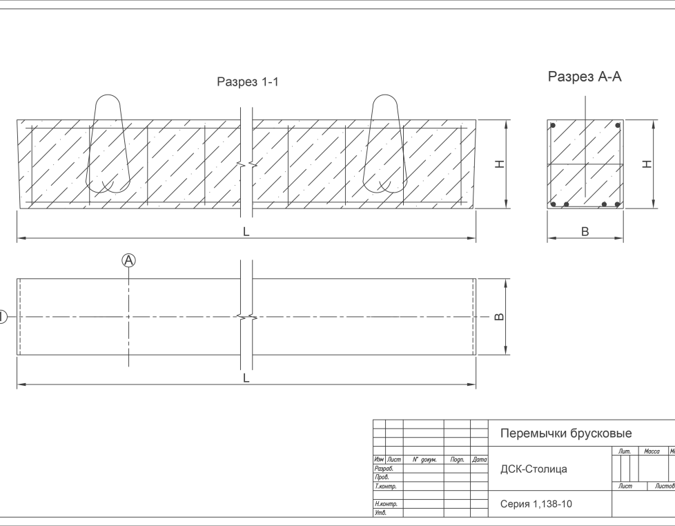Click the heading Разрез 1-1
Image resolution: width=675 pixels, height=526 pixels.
pyautogui.click(x=248, y=81)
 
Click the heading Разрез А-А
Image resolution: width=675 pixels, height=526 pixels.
pyautogui.click(x=585, y=77)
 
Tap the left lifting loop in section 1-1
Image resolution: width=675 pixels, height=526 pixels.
pyautogui.click(x=108, y=144)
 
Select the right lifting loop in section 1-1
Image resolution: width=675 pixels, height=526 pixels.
pyautogui.click(x=385, y=144)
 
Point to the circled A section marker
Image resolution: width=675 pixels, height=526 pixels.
pyautogui.click(x=128, y=260)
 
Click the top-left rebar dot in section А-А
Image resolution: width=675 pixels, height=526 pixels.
pyautogui.click(x=554, y=126)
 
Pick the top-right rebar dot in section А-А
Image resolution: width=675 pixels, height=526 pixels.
pyautogui.click(x=617, y=126)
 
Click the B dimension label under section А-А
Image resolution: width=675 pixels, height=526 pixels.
pyautogui.click(x=585, y=231)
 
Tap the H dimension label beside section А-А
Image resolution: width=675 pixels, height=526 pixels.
pyautogui.click(x=647, y=164)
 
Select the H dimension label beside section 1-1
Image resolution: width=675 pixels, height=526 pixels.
pyautogui.click(x=500, y=164)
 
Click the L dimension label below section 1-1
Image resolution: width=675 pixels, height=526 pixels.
pyautogui.click(x=246, y=231)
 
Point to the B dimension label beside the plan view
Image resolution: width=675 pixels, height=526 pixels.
pyautogui.click(x=500, y=317)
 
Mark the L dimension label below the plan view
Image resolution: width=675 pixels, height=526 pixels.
pyautogui.click(x=246, y=378)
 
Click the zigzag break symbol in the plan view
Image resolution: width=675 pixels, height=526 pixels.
pyautogui.click(x=246, y=318)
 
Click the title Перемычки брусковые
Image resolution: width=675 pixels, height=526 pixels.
pyautogui.click(x=566, y=434)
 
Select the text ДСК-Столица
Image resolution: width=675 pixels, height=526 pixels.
pyautogui.click(x=534, y=469)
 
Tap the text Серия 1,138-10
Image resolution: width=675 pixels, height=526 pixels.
pyautogui.click(x=536, y=504)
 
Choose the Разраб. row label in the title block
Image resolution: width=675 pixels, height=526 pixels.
pyautogui.click(x=384, y=468)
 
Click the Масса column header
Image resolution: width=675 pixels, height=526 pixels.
pyautogui.click(x=652, y=451)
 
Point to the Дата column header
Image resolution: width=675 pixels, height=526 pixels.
pyautogui.click(x=479, y=460)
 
